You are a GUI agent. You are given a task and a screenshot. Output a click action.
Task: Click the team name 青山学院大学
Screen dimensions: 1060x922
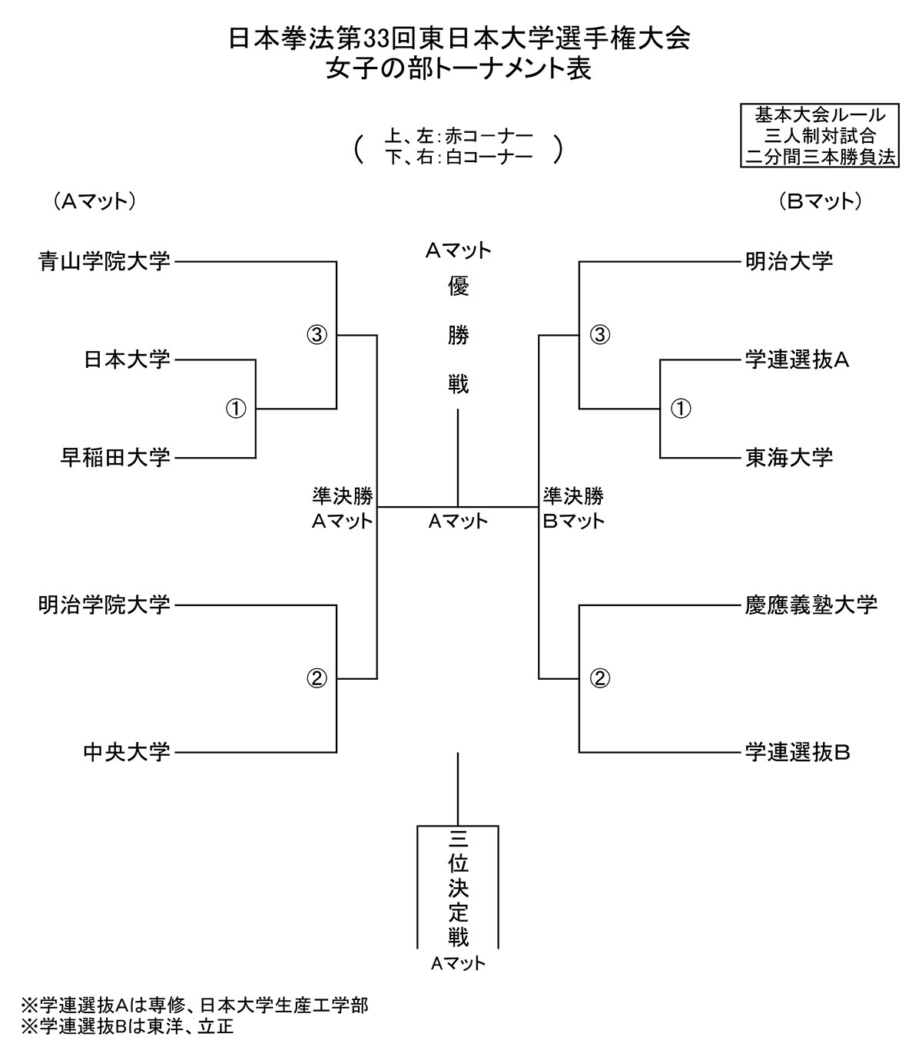(104, 262)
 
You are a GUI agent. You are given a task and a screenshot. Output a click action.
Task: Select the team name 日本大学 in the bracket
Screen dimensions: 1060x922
(127, 359)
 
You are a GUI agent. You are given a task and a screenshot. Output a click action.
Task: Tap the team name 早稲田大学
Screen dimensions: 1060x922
(115, 458)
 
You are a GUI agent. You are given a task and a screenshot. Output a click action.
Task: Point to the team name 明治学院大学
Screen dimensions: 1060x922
(104, 605)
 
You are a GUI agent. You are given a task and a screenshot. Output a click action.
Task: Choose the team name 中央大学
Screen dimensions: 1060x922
(127, 751)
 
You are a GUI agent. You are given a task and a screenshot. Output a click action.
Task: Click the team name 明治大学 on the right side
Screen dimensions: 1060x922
(789, 262)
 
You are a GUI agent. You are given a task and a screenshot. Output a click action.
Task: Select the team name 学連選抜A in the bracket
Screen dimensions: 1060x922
(797, 359)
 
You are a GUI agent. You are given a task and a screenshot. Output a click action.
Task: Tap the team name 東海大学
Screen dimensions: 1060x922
(789, 458)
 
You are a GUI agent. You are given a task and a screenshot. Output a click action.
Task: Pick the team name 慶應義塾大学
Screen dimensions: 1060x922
(811, 605)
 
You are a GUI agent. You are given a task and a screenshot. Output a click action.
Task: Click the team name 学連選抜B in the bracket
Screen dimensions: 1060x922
(797, 751)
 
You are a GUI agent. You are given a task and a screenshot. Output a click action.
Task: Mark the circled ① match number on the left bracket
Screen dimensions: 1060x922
(236, 409)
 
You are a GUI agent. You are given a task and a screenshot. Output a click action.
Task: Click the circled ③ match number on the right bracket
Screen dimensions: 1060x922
(600, 335)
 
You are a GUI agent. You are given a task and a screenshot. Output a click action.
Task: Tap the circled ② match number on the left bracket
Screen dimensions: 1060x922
(317, 678)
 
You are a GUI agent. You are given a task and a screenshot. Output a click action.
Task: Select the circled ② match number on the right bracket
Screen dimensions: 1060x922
(600, 678)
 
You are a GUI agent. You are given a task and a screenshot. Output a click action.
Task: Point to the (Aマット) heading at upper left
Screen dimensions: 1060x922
(95, 201)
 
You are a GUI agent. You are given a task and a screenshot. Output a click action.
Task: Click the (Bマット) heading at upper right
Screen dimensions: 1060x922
(820, 201)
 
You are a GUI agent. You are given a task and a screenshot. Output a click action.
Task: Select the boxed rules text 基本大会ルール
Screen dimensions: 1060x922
(820, 115)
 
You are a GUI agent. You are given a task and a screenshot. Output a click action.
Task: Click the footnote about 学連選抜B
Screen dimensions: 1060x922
(128, 1026)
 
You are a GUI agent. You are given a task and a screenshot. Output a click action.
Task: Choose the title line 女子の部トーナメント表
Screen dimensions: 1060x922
(459, 69)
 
